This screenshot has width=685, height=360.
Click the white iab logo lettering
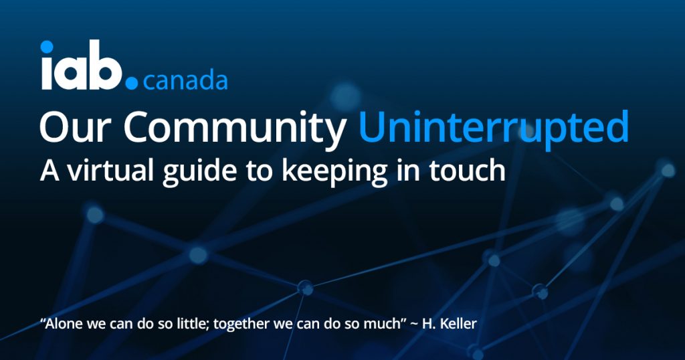pos(81,65)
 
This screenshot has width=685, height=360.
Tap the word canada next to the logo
pos(185,81)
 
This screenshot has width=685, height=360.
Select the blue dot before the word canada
pos(132,83)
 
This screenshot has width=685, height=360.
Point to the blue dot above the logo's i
pos(47,47)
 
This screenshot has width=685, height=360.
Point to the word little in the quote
pos(195,324)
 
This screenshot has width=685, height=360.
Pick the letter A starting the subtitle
pos(50,171)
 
